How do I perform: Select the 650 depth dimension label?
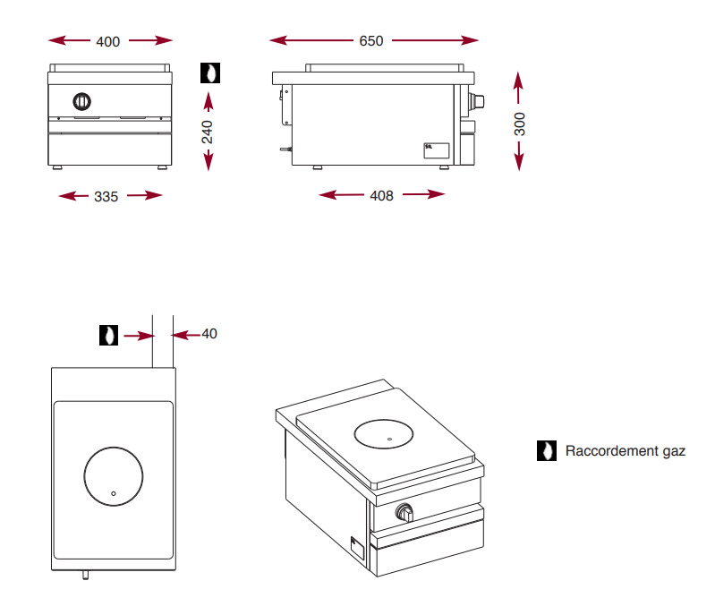pyautogui.click(x=370, y=41)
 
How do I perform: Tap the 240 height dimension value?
pyautogui.click(x=208, y=132)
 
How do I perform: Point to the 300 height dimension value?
pyautogui.click(x=520, y=124)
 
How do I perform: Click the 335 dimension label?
pyautogui.click(x=106, y=196)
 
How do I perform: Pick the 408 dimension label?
pyautogui.click(x=381, y=196)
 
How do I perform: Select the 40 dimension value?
pyautogui.click(x=209, y=334)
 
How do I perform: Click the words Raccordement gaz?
pyautogui.click(x=625, y=451)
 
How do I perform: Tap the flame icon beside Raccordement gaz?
pyautogui.click(x=546, y=451)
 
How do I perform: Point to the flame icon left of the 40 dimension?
pyautogui.click(x=107, y=335)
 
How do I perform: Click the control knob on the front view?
pyautogui.click(x=81, y=100)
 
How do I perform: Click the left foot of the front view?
pyautogui.click(x=58, y=167)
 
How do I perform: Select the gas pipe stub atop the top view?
pyautogui.click(x=162, y=342)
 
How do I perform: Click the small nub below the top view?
pyautogui.click(x=87, y=575)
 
